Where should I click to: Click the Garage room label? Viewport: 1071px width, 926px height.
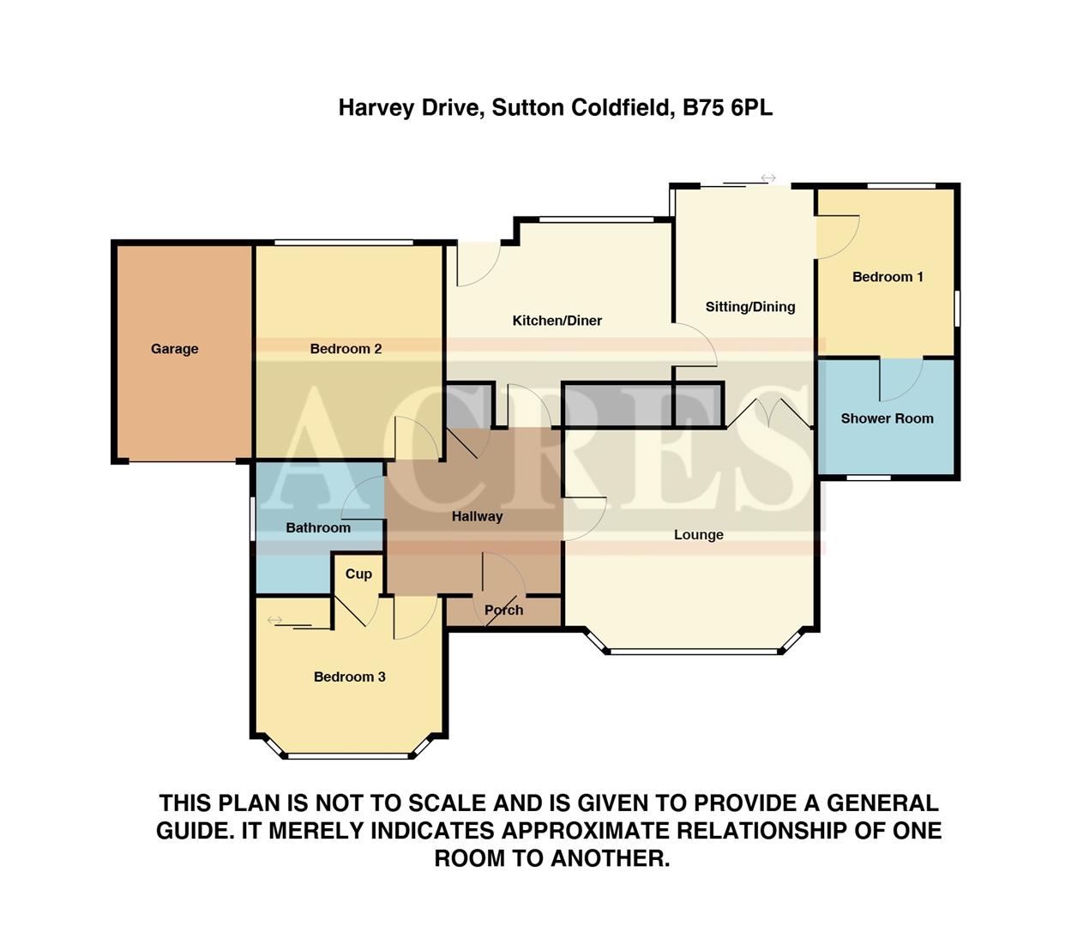pos(174,349)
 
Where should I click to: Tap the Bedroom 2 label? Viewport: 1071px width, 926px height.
pos(346,349)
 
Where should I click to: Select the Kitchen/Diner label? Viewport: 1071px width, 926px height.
pos(557,321)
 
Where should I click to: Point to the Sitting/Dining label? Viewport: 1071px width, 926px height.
pos(749,307)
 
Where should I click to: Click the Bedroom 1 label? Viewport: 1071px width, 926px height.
pos(887,277)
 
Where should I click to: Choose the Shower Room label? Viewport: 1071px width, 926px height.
pos(887,418)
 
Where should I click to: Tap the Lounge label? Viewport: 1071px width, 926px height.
pos(698,535)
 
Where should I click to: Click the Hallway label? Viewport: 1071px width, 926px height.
pos(477,516)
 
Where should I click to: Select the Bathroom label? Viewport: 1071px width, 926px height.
pos(318,528)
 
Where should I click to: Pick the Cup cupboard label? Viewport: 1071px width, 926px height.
pos(358,574)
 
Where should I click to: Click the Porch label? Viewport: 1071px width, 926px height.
pos(503,610)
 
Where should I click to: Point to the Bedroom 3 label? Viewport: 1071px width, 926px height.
pos(349,677)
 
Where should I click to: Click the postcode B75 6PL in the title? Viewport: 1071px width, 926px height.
pos(727,108)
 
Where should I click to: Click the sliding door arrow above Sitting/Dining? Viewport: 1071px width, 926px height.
pos(768,178)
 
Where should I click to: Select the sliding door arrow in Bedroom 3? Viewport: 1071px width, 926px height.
pos(275,620)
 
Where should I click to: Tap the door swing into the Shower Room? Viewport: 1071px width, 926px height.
pos(900,378)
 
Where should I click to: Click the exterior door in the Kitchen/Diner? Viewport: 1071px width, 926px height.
pos(477,264)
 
